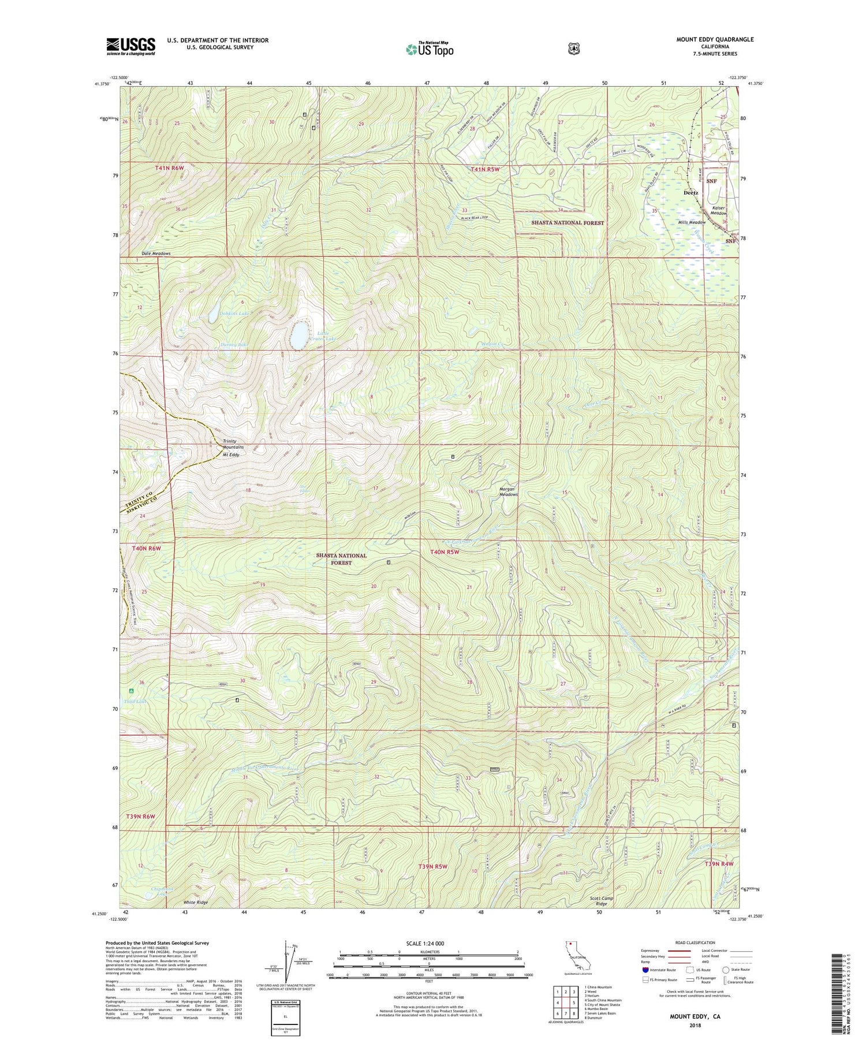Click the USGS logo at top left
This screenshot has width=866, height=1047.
(x=130, y=46)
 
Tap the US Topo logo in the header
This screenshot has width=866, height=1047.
(x=430, y=50)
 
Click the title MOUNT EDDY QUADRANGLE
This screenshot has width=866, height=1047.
(x=715, y=39)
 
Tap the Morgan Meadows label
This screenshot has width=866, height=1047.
(x=508, y=491)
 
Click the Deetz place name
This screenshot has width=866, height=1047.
(x=690, y=193)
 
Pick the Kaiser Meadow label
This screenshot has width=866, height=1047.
(x=718, y=210)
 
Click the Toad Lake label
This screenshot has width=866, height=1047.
(x=135, y=702)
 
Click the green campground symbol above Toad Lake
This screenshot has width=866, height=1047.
(x=132, y=691)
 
